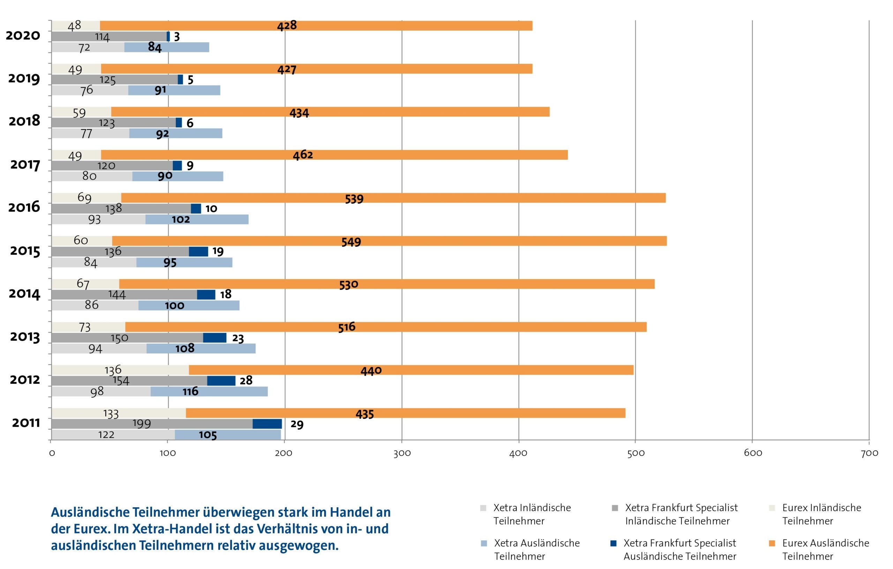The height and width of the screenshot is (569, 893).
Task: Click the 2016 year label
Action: [x=24, y=207]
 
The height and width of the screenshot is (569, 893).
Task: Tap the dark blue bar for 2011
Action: [x=267, y=424]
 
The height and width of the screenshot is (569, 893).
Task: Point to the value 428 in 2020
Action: [x=287, y=25]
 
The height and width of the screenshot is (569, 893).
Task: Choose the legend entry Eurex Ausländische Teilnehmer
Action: [x=825, y=549]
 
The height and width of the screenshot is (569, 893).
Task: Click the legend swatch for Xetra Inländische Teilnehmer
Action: [x=483, y=508]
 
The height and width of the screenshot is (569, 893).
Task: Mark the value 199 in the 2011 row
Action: [x=142, y=424]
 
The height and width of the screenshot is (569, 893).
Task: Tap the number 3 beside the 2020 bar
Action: [x=177, y=37]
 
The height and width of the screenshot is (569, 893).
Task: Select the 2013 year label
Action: [x=25, y=337]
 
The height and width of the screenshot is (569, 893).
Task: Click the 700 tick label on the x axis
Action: [x=870, y=453]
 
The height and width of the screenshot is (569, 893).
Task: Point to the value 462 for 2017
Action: [x=303, y=155]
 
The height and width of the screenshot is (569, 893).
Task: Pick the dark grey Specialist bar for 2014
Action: [x=124, y=295]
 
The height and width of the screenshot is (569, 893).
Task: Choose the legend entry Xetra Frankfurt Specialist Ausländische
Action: [x=680, y=549]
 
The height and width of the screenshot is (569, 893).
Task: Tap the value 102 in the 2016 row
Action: [x=181, y=219]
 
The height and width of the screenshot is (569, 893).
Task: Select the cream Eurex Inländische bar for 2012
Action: [x=120, y=370]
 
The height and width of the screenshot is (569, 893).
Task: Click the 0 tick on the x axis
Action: [x=52, y=453]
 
